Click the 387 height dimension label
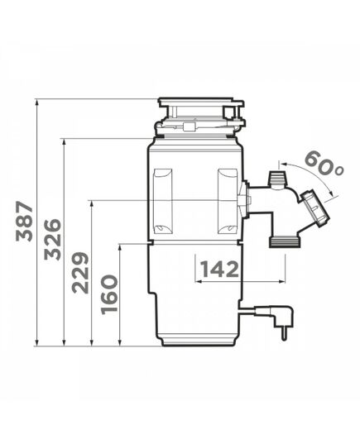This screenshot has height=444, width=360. [24, 221]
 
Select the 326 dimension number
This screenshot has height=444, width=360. [53, 240]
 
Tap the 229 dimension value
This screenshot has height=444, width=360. [80, 273]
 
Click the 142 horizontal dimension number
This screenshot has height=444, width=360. [219, 270]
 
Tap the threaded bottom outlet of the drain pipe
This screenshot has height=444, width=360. [284, 243]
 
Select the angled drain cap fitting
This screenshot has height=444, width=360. [315, 208]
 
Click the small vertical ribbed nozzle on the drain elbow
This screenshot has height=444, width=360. [277, 178]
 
